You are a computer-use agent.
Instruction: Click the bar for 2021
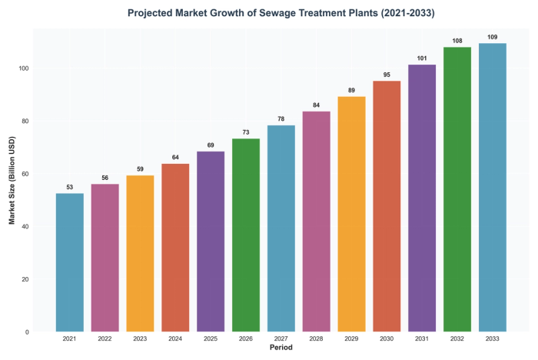tap(70, 262)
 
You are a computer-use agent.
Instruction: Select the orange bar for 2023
tap(141, 254)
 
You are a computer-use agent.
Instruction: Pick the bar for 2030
tap(387, 206)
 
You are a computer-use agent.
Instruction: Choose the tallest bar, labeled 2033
tap(493, 188)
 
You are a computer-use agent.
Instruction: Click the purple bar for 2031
tap(422, 198)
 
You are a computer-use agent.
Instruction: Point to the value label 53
tap(70, 187)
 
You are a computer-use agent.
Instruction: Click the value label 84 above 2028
tap(317, 105)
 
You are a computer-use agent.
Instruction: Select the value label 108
tap(457, 41)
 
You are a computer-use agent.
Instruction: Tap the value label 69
tap(211, 145)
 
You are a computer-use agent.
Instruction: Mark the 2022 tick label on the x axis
tap(105, 338)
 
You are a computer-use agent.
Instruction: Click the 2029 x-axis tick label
tap(352, 338)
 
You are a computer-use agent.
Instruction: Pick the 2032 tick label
tap(457, 338)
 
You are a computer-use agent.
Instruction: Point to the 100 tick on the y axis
tap(25, 68)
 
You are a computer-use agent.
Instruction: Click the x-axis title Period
tap(281, 348)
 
